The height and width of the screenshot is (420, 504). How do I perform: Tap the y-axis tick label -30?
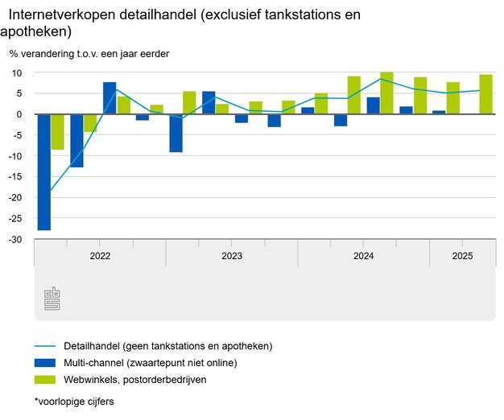pos(14,240)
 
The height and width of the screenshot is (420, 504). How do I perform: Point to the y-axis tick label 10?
pos(16,72)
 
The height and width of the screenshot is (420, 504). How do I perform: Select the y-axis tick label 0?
pos(19,114)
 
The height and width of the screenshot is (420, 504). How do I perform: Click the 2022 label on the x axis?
pos(100,257)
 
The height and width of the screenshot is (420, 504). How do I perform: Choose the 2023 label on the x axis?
pos(232,257)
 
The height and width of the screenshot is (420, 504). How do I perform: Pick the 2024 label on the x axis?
pos(364,257)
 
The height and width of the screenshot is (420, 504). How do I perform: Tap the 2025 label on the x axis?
pos(462,257)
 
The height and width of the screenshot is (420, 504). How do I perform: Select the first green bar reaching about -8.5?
pos(57,132)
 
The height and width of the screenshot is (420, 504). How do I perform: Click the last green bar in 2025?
pos(485,94)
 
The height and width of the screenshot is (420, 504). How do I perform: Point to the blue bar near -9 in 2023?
pos(176,133)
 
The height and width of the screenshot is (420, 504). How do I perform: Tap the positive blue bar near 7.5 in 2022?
pos(109,98)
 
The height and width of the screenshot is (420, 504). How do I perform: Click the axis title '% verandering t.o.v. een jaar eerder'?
pos(89,54)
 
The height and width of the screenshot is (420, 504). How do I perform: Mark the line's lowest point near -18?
pos(51,190)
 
